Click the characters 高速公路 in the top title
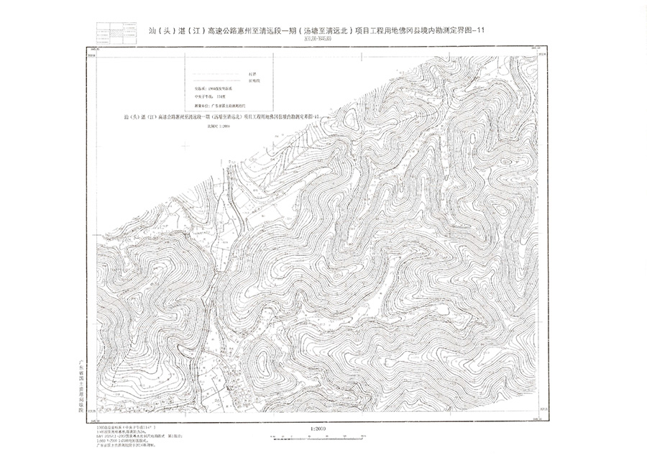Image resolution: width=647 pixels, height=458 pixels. point(223,31)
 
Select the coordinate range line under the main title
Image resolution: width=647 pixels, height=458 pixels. point(317,41)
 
